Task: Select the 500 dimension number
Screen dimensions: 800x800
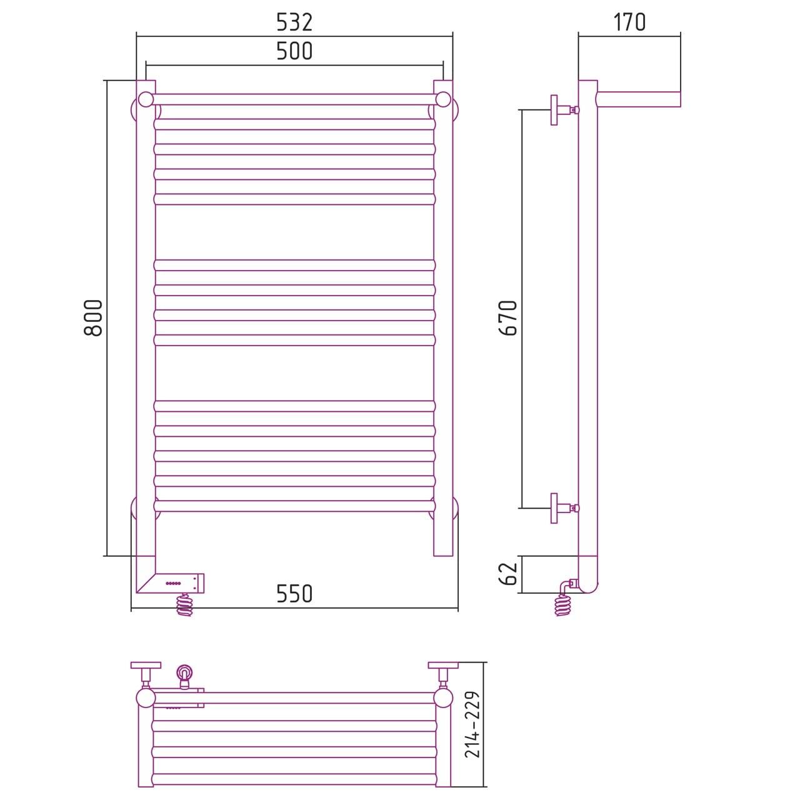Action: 294,51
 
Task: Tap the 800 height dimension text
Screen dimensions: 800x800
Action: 93,318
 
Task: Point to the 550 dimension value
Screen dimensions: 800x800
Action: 294,594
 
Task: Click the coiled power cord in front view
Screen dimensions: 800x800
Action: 185,604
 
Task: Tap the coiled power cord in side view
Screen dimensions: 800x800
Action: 563,604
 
